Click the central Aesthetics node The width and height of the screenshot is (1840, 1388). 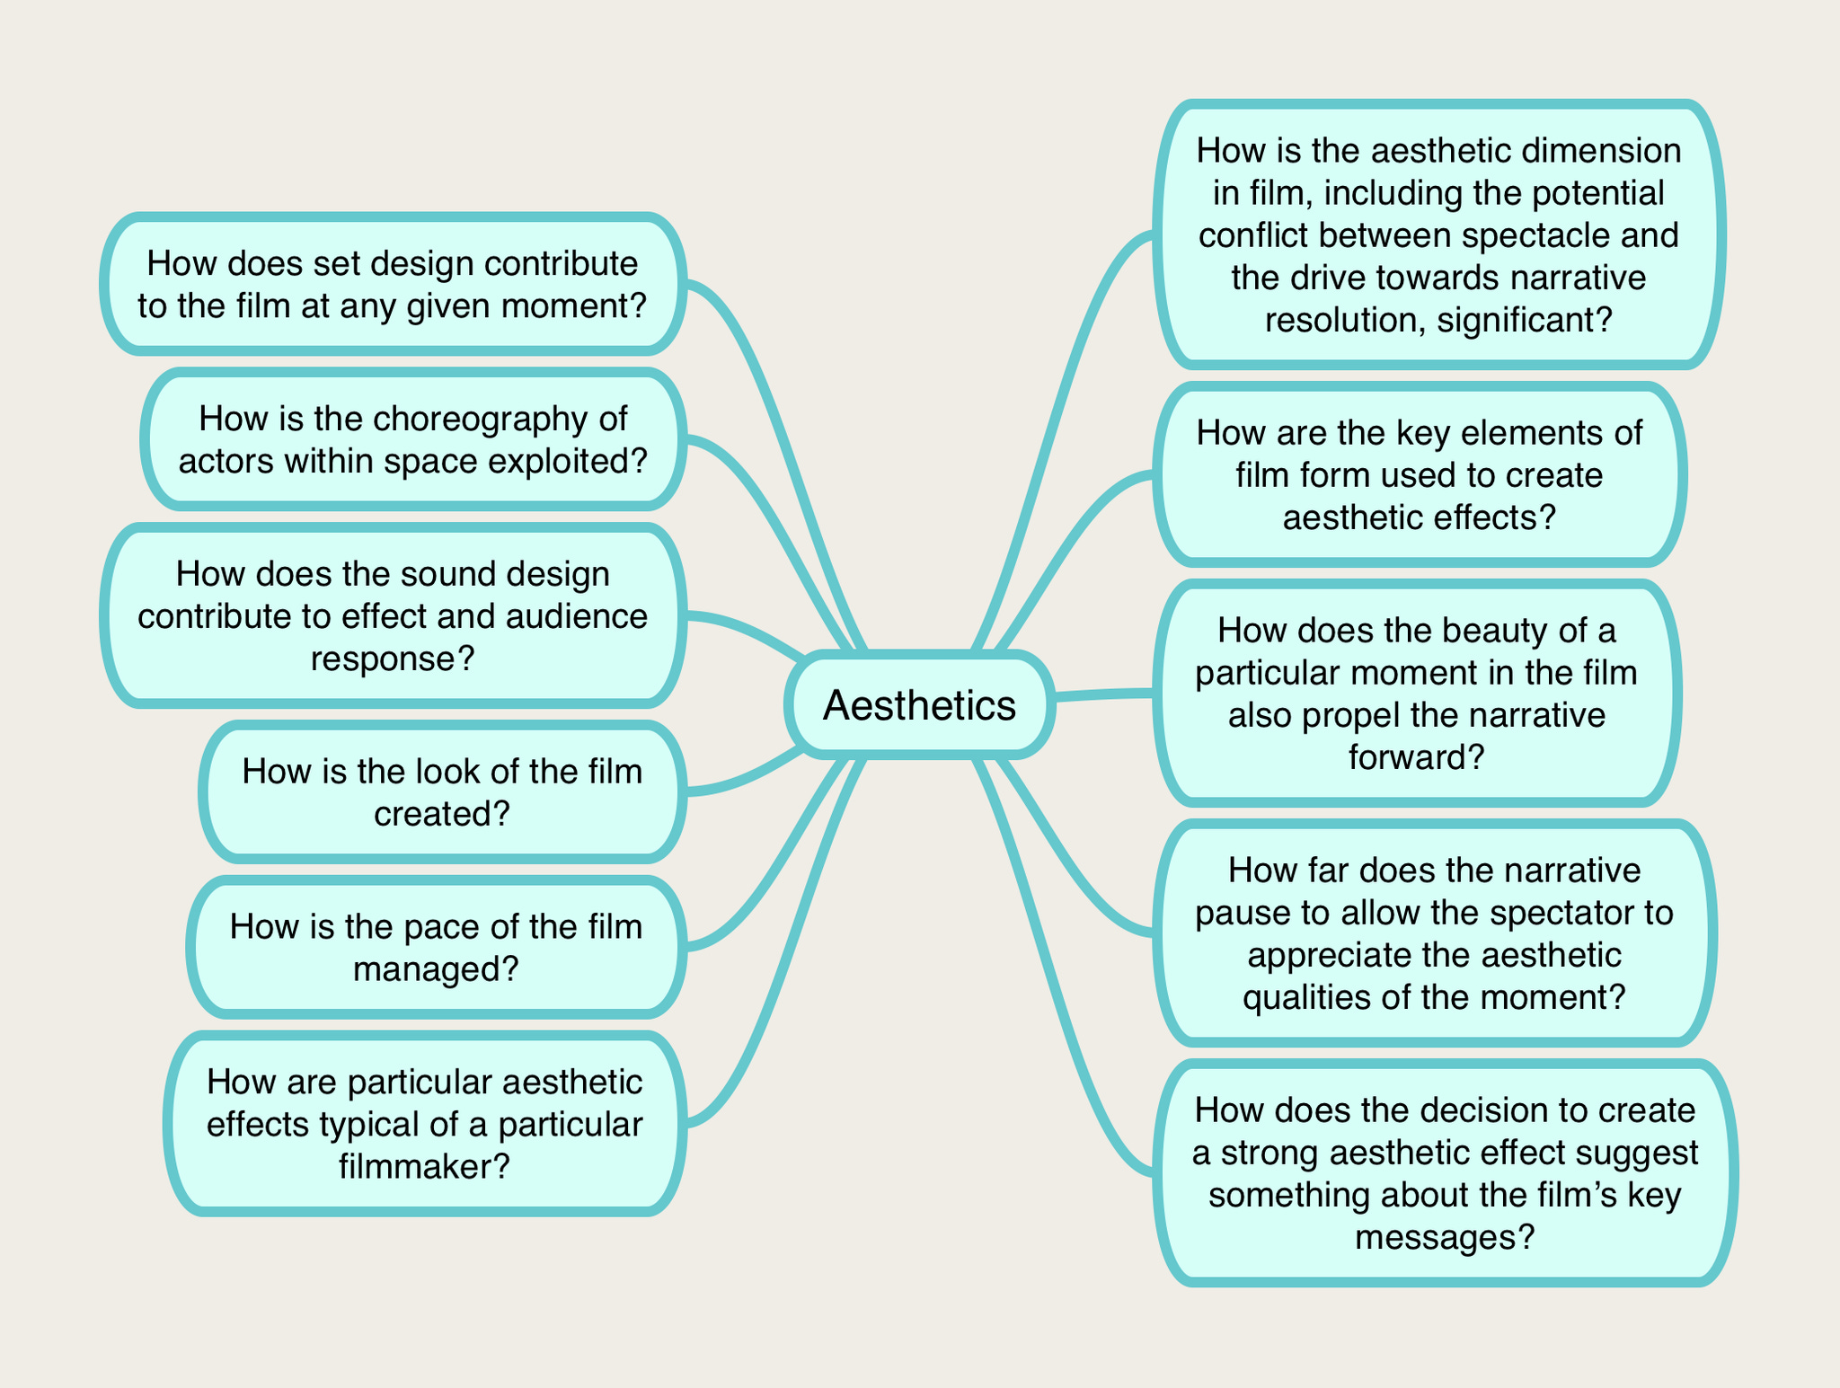click(x=919, y=705)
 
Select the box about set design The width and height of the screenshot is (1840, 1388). click(x=393, y=284)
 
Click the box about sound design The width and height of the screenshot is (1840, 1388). click(x=393, y=616)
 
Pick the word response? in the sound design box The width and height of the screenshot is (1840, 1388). click(x=393, y=659)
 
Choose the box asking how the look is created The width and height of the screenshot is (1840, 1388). click(x=442, y=792)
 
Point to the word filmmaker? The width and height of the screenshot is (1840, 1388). click(x=424, y=1167)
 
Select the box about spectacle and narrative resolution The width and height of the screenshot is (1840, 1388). click(x=1438, y=234)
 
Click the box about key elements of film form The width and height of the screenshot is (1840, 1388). click(x=1419, y=475)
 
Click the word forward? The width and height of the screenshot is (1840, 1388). click(x=1416, y=758)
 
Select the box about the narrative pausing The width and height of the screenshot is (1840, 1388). click(x=1434, y=933)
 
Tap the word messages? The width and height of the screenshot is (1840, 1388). click(x=1444, y=1238)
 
